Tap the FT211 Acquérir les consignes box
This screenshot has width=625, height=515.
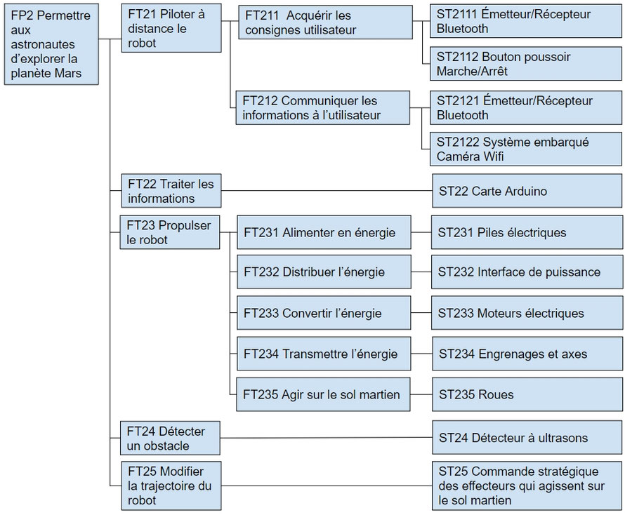(x=325, y=22)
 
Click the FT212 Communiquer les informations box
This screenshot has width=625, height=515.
(x=324, y=107)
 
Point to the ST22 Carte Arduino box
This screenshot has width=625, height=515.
(x=527, y=191)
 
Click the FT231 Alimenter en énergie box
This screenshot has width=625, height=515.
(x=324, y=232)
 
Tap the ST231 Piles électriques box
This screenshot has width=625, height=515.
(x=527, y=232)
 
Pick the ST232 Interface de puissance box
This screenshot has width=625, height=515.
(x=527, y=272)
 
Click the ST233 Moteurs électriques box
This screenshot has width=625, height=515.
(x=527, y=313)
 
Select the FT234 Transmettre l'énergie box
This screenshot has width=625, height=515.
(x=324, y=354)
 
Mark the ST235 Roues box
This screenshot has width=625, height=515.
(x=527, y=394)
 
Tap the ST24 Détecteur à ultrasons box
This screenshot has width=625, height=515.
(x=527, y=438)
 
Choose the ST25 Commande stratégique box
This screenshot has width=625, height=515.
(x=527, y=485)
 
